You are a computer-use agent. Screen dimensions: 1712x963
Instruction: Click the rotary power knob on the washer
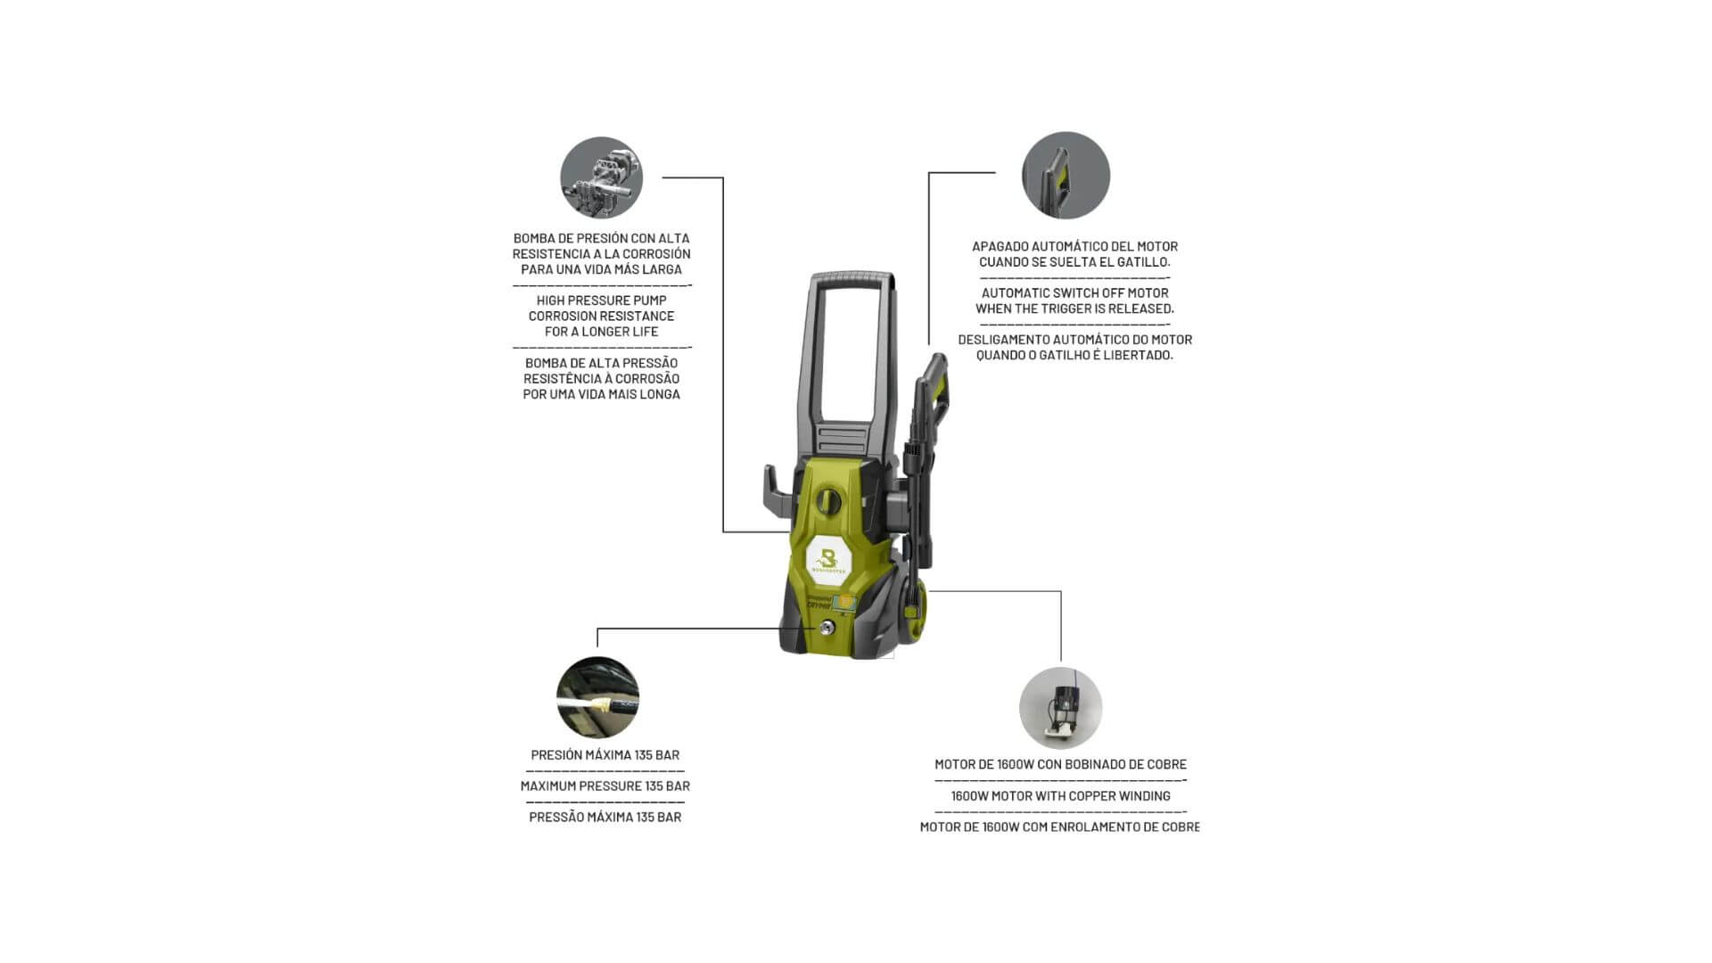click(830, 500)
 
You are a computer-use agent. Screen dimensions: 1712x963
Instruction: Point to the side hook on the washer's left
click(777, 491)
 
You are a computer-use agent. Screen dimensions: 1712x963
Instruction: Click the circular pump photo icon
click(601, 177)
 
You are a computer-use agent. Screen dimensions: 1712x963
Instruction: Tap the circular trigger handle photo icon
click(1066, 176)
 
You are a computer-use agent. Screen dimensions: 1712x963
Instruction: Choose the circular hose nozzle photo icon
click(597, 698)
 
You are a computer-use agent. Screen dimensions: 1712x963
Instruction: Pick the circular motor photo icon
click(1061, 708)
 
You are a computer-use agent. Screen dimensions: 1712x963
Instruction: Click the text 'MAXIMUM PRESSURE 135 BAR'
click(605, 786)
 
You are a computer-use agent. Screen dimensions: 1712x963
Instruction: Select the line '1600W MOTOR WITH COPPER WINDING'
click(1060, 795)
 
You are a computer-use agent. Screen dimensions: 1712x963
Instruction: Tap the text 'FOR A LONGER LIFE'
click(601, 332)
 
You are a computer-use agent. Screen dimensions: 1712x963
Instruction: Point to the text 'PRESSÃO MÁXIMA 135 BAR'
click(605, 817)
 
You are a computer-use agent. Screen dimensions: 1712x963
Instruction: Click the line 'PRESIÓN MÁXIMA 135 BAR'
click(605, 754)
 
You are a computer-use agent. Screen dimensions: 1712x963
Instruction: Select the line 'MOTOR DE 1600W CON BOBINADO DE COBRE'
click(1060, 764)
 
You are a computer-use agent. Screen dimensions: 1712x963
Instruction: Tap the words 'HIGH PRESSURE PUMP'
click(601, 300)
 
